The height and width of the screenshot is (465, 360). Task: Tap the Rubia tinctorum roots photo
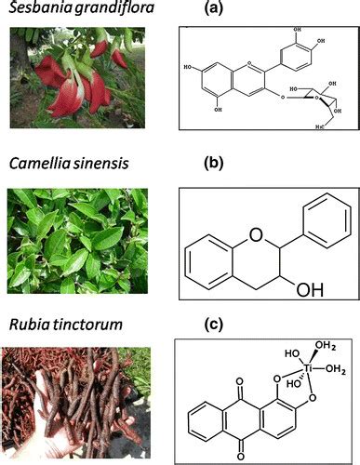79,400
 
